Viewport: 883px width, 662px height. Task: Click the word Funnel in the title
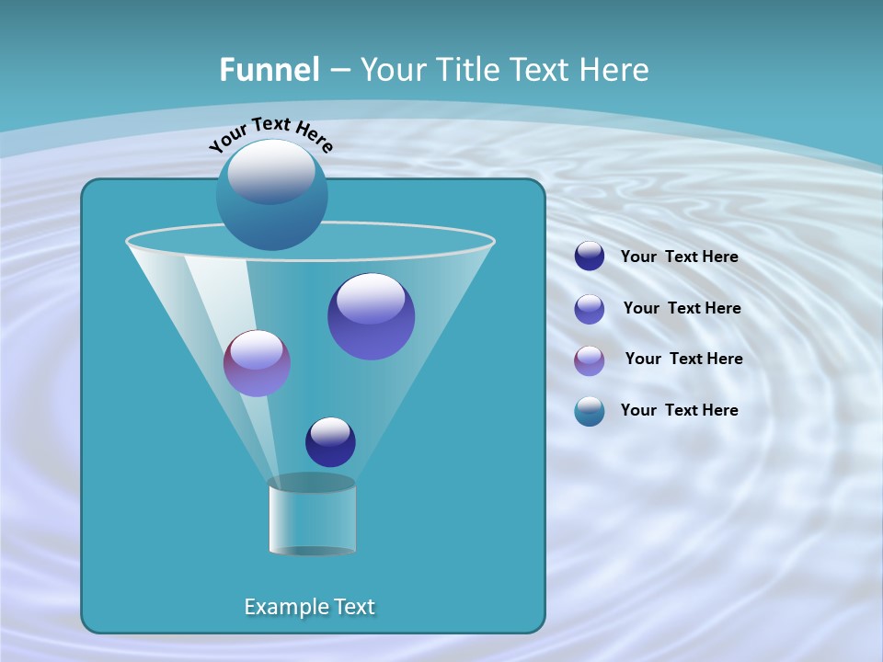[x=269, y=70]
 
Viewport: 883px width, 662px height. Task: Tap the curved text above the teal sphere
[x=270, y=134]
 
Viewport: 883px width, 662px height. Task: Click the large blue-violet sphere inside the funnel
[x=371, y=316]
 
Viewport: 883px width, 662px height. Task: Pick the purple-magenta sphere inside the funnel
[x=257, y=363]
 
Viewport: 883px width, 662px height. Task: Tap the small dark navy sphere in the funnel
[x=330, y=441]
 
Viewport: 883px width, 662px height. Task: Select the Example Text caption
[x=309, y=607]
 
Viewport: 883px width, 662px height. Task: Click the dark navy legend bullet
[x=590, y=257]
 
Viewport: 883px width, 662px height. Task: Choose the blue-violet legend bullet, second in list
[x=590, y=308]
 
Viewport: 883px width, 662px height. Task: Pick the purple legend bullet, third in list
[x=590, y=360]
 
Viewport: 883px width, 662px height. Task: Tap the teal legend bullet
[x=590, y=411]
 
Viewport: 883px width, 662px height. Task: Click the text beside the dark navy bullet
[x=679, y=257]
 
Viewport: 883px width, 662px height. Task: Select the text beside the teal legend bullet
[x=679, y=410]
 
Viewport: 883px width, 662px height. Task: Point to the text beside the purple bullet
[x=683, y=359]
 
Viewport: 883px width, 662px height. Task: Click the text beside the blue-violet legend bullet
[x=682, y=308]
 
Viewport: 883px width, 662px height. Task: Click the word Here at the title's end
[x=614, y=70]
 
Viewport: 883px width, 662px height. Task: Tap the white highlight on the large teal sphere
[x=270, y=171]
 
